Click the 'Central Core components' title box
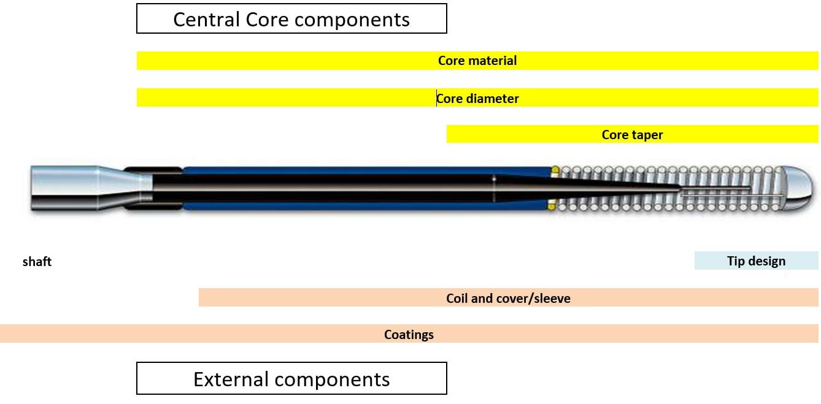[x=291, y=19]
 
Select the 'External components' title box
[x=291, y=379]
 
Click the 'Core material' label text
[x=477, y=61]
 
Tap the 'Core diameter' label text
[x=477, y=98]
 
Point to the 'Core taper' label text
[x=632, y=134]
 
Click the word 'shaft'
[x=37, y=262]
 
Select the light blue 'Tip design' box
[x=756, y=261]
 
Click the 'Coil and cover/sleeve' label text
[x=508, y=299]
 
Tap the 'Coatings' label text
[x=409, y=334]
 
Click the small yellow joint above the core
[x=555, y=170]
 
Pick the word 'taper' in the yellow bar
[x=647, y=134]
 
